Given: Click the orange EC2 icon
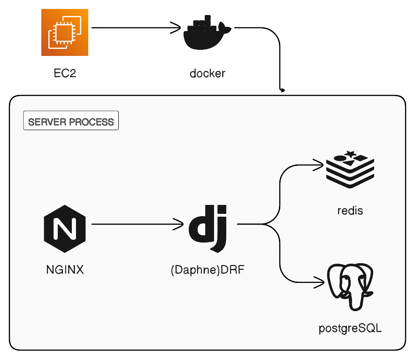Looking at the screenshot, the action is (65, 32).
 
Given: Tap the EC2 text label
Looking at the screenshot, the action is (65, 73).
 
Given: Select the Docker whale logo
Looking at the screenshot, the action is (207, 32).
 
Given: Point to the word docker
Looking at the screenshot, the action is (207, 73).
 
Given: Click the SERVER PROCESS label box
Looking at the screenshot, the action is (71, 120).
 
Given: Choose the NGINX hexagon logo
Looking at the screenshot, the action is (65, 228).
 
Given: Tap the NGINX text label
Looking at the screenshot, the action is (65, 270).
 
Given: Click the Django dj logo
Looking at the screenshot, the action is (208, 228).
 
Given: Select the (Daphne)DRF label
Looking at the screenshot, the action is (207, 270).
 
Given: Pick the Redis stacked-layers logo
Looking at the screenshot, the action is (350, 170).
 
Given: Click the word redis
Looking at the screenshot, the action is (350, 211).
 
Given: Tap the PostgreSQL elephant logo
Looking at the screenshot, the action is (350, 287).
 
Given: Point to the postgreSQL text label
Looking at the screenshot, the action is (350, 328).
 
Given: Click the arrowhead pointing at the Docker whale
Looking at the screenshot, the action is (177, 28).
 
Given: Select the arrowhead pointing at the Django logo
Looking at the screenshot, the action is (180, 224).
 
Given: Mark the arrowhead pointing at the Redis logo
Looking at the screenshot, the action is (320, 165).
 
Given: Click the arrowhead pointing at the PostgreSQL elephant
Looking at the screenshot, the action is (321, 282).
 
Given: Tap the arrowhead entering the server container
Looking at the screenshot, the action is (283, 90).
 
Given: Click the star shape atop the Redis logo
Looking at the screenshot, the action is (350, 154).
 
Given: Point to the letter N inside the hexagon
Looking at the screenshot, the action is (65, 228).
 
